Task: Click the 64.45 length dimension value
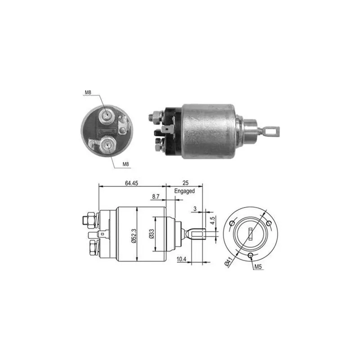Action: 131,183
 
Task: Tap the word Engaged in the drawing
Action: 184,191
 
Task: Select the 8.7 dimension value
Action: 155,197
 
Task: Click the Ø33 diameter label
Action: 152,234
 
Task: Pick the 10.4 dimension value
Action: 181,259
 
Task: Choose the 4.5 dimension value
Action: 212,220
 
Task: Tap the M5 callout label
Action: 258,266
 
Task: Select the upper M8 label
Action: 88,93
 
